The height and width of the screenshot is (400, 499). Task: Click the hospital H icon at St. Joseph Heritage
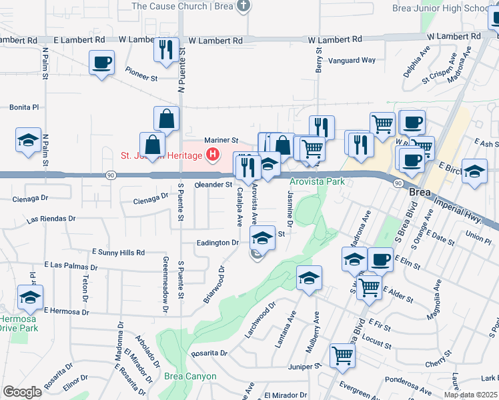click(213, 156)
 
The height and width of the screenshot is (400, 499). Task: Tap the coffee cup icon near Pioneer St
click(101, 63)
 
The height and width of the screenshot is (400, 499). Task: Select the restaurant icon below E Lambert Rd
click(166, 50)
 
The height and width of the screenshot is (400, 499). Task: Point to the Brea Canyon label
click(190, 376)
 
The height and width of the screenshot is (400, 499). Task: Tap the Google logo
click(22, 392)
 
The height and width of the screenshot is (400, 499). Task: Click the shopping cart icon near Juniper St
click(343, 355)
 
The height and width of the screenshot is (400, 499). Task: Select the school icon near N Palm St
click(29, 141)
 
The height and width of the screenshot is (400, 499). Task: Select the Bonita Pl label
click(24, 107)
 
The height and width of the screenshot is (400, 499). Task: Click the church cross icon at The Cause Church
click(243, 7)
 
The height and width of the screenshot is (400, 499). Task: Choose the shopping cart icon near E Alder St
click(368, 287)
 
